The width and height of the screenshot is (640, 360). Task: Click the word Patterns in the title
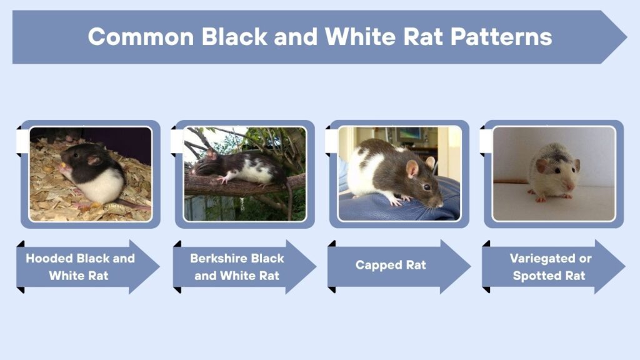pyautogui.click(x=501, y=37)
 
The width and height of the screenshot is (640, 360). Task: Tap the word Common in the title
pyautogui.click(x=141, y=37)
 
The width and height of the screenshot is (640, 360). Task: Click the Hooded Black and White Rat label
pyautogui.click(x=80, y=267)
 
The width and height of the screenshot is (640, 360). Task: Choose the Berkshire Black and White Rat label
pyautogui.click(x=237, y=267)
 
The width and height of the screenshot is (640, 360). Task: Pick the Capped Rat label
pyautogui.click(x=391, y=265)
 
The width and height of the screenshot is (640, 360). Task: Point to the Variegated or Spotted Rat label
pyautogui.click(x=550, y=267)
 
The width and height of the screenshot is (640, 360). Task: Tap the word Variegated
pyautogui.click(x=539, y=259)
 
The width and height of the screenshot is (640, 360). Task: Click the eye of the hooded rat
pyautogui.click(x=76, y=155)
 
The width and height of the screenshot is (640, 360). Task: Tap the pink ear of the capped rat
pyautogui.click(x=412, y=169)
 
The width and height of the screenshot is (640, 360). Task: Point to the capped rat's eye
pyautogui.click(x=427, y=187)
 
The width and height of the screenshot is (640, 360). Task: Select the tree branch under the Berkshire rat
pyautogui.click(x=245, y=186)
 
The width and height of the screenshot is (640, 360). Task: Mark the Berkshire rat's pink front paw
pyautogui.click(x=223, y=179)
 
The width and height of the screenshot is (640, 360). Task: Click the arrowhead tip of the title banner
pyautogui.click(x=626, y=37)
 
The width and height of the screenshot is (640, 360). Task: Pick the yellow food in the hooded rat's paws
pyautogui.click(x=62, y=166)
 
